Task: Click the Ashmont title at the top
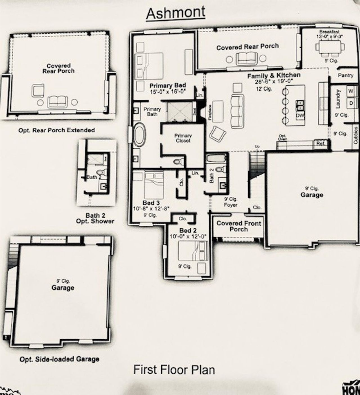175,13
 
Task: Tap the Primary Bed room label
168,86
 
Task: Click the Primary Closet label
183,138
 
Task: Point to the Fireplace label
210,113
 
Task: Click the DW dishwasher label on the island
298,116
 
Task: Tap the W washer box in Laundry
351,91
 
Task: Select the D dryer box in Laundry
351,103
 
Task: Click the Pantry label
345,75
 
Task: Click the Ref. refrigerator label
320,144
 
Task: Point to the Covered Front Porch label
238,226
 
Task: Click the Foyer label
231,205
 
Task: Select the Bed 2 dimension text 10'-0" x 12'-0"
188,237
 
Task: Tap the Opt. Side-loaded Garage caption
59,359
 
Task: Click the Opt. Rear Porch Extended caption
57,130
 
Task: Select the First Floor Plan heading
174,370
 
